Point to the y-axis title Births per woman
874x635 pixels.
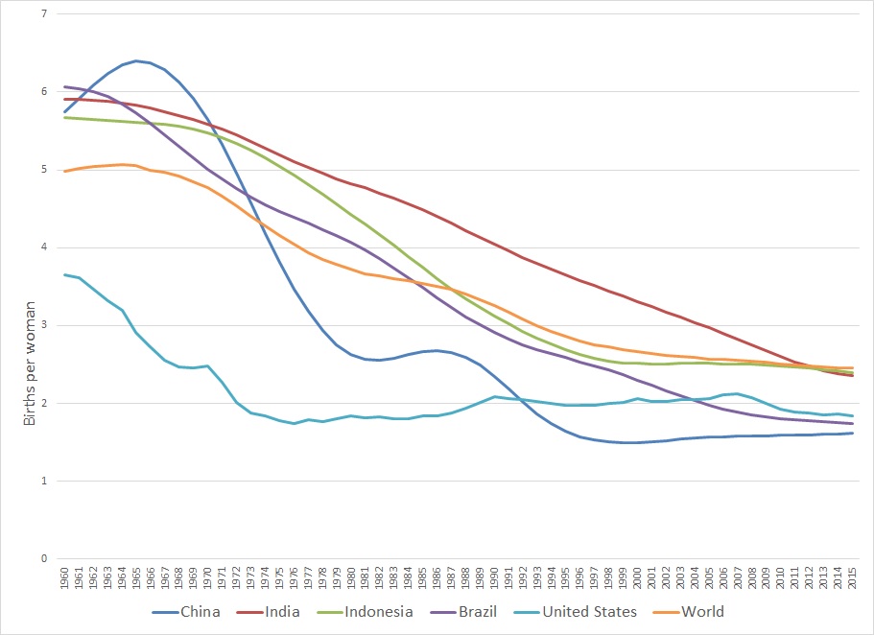click(28, 364)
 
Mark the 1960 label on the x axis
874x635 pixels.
click(64, 579)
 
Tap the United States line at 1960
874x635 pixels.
click(64, 274)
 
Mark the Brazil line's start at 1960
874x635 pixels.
click(64, 86)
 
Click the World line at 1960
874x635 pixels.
click(64, 171)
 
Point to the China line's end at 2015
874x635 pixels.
click(852, 433)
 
